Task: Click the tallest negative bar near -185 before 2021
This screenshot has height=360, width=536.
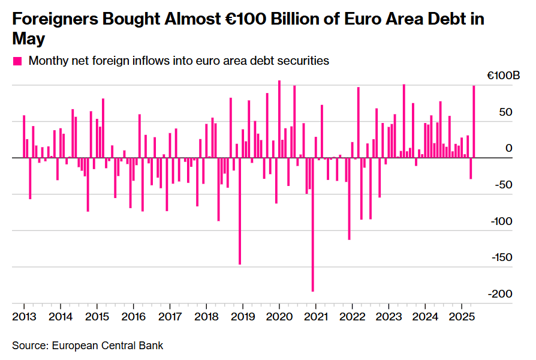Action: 312,224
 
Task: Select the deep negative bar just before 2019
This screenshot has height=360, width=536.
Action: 240,211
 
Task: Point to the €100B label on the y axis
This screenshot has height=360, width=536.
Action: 503,76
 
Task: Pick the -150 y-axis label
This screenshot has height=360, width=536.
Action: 502,257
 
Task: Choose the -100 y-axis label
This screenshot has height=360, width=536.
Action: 502,221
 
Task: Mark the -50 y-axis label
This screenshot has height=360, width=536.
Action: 504,185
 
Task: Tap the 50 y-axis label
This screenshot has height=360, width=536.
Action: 506,112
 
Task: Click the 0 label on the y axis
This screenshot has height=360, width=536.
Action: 509,148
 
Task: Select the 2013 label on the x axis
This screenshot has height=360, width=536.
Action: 23,316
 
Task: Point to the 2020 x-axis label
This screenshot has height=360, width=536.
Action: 279,316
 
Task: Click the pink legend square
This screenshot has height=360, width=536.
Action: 17,61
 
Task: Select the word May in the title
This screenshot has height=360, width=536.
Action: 28,39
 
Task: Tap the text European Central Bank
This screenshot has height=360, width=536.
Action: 107,346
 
